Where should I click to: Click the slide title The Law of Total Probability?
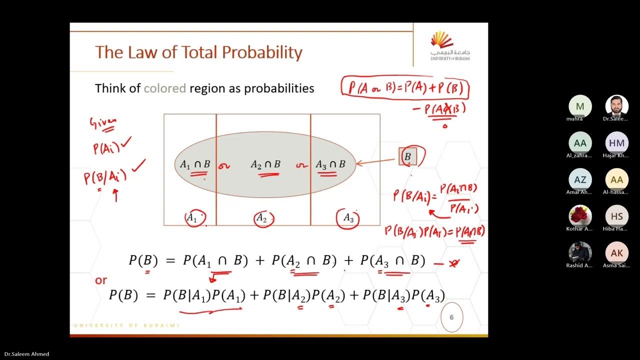[198, 52]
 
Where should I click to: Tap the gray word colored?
[164, 88]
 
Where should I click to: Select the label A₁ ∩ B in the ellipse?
[194, 164]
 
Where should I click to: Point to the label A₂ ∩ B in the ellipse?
[265, 164]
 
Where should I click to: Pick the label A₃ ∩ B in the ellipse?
[330, 164]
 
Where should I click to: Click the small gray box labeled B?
[407, 157]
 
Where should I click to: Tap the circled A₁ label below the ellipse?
[192, 217]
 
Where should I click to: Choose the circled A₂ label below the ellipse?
[261, 217]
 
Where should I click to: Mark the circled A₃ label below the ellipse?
[348, 218]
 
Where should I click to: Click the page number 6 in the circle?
[451, 316]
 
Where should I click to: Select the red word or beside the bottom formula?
[101, 280]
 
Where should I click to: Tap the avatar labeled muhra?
[580, 106]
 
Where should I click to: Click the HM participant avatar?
[616, 143]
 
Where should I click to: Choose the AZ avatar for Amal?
[580, 179]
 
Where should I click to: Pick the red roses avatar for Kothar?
[580, 216]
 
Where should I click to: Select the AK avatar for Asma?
[616, 253]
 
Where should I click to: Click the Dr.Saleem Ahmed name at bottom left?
[25, 354]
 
